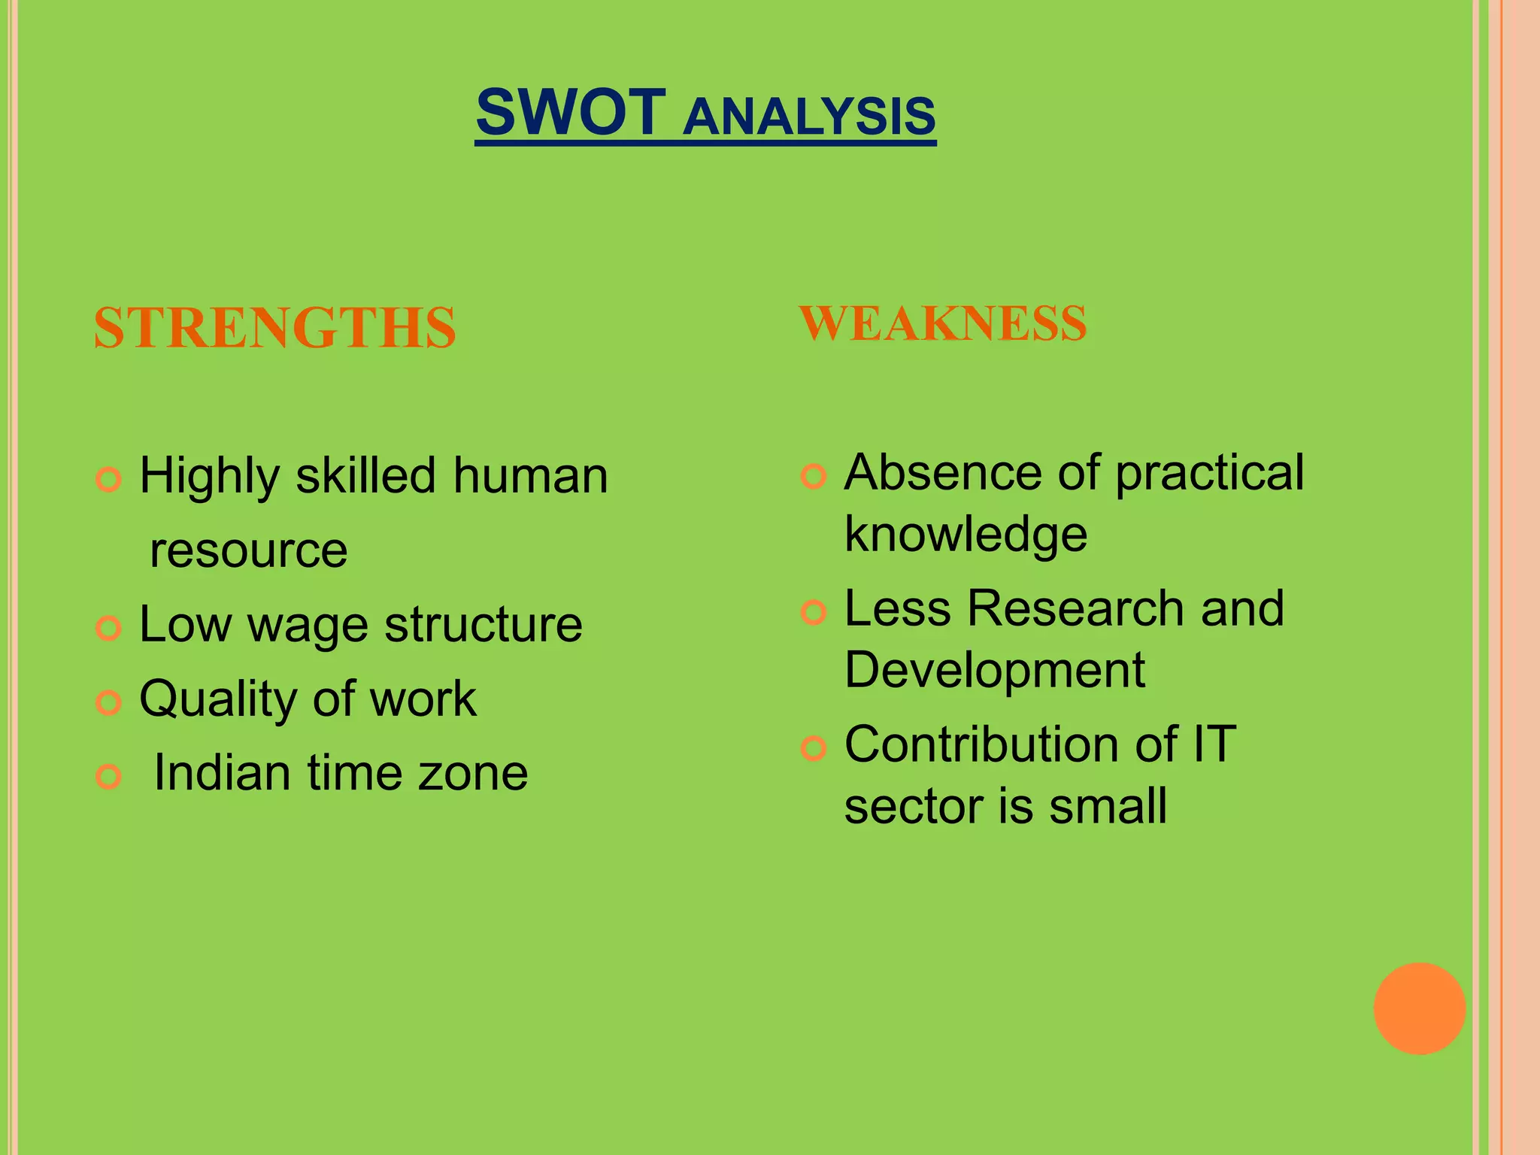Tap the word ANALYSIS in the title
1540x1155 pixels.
tap(809, 117)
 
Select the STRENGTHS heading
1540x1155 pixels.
tap(275, 328)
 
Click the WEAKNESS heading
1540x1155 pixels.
tap(943, 323)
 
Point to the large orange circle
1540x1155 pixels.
tap(1419, 1008)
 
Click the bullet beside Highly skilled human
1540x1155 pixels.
tap(109, 479)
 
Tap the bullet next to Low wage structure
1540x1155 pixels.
tap(109, 628)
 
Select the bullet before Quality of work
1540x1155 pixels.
tap(109, 702)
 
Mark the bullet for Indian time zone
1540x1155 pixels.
tap(109, 777)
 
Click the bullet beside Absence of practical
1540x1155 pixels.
tap(814, 476)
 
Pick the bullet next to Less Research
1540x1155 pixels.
tap(814, 612)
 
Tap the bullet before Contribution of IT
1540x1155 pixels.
tap(814, 748)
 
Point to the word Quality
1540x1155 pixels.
tap(220, 700)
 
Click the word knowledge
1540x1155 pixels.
tap(966, 535)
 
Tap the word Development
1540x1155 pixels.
tap(994, 671)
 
